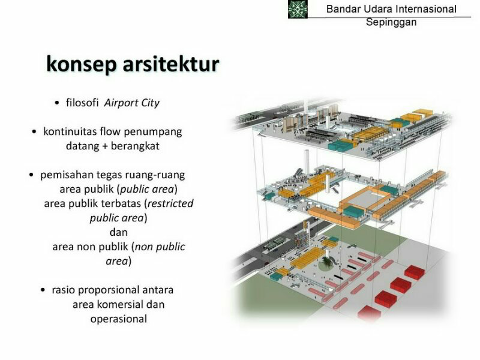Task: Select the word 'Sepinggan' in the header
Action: [391, 23]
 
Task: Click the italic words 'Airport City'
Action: [132, 103]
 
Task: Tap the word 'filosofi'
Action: [83, 103]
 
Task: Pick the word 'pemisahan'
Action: [66, 175]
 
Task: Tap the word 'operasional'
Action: [118, 319]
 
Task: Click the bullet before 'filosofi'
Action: [57, 103]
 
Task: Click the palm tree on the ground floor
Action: [327, 262]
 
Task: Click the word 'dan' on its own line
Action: [118, 232]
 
